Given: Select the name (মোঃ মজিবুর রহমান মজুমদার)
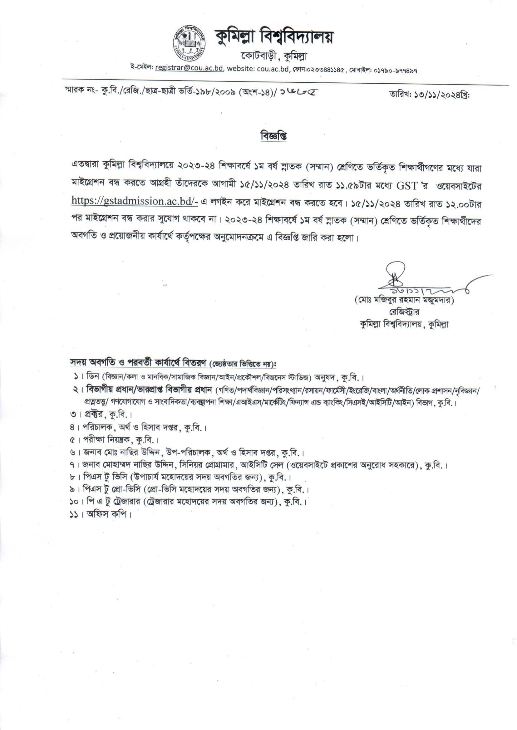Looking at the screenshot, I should point(404,301).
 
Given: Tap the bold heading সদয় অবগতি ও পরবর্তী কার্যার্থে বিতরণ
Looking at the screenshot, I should point(138,363).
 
